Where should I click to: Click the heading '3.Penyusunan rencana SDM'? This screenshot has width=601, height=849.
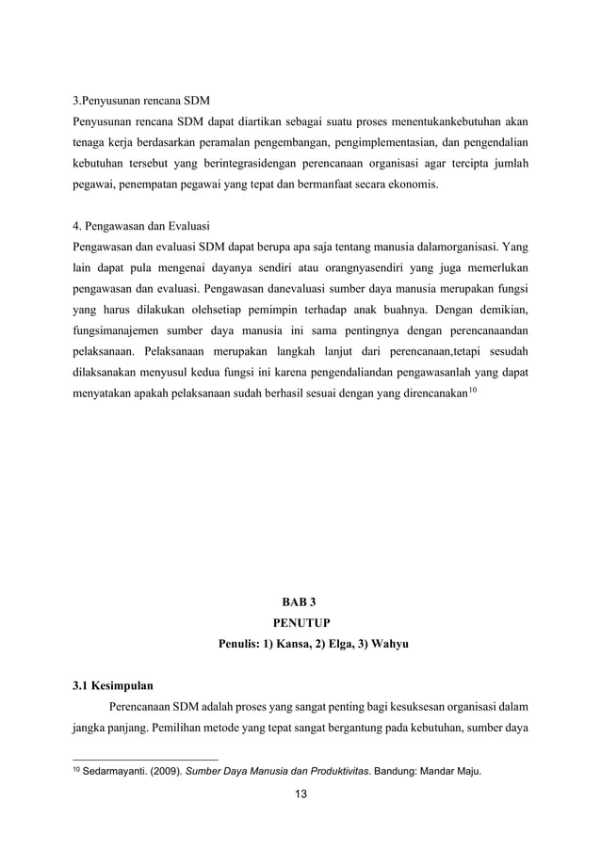pyautogui.click(x=141, y=100)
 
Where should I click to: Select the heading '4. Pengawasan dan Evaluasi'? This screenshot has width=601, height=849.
pyautogui.click(x=141, y=227)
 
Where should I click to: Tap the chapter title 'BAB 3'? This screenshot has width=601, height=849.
pyautogui.click(x=300, y=601)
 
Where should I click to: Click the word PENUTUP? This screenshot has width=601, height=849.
pyautogui.click(x=300, y=623)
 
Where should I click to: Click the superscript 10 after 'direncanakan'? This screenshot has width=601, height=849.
pyautogui.click(x=473, y=388)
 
